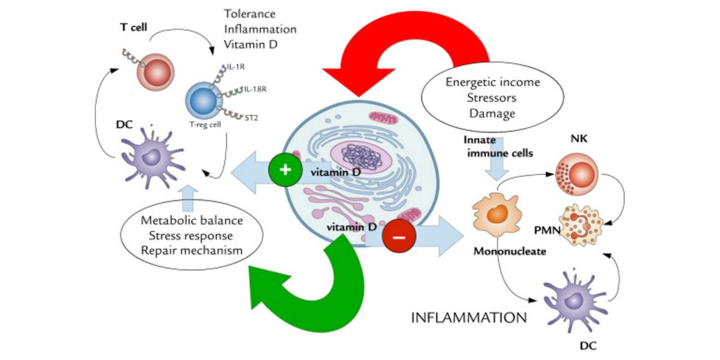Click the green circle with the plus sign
[286, 170]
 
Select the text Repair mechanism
[184, 250]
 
